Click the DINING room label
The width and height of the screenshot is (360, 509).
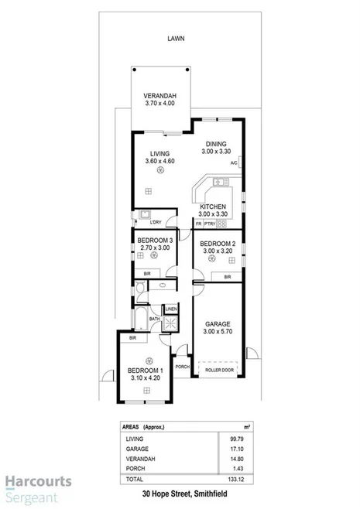point(217,144)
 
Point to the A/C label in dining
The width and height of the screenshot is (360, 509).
point(233,163)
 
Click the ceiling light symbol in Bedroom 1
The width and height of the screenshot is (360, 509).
point(149,361)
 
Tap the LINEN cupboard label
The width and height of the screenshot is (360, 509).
point(170,309)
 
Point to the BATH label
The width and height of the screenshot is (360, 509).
point(154,318)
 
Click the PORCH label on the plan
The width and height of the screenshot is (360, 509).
point(182,367)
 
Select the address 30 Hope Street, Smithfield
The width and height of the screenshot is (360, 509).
point(180,494)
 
